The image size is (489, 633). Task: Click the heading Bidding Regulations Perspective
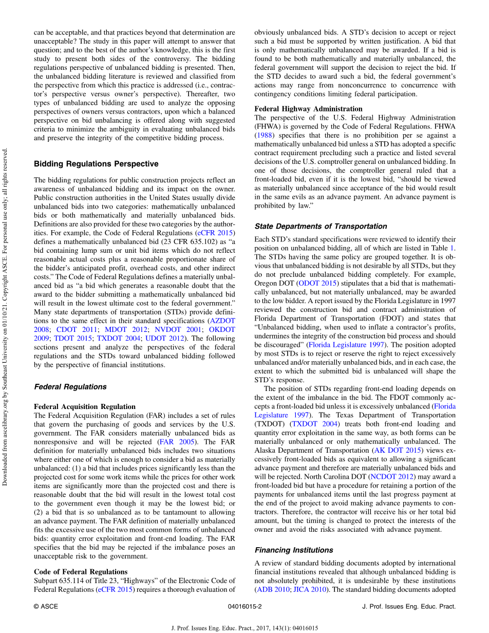click(x=96, y=164)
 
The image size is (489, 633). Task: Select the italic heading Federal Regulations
click(x=70, y=387)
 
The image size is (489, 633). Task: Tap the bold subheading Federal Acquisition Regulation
click(x=85, y=406)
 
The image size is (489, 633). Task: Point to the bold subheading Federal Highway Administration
click(x=308, y=109)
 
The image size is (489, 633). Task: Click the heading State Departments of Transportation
click(x=321, y=226)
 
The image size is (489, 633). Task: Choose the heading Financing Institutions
click(x=294, y=550)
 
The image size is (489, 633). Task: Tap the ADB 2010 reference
click(x=273, y=589)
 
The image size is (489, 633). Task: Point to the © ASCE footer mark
click(x=46, y=606)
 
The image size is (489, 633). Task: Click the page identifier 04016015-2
click(x=244, y=606)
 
